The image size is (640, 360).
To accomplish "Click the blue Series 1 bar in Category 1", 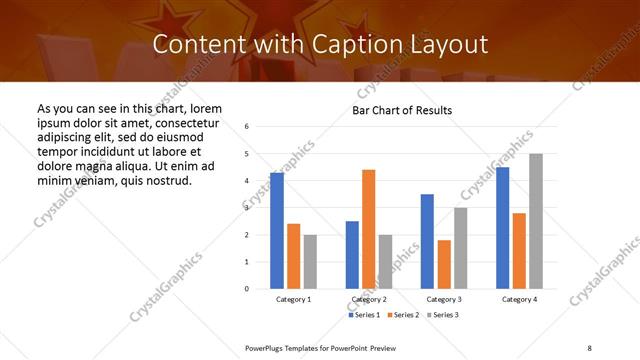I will point(277,230).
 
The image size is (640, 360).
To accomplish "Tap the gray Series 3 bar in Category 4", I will point(536,221).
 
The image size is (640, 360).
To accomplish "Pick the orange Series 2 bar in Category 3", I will point(444,264).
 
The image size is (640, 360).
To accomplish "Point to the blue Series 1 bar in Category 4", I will point(502,228).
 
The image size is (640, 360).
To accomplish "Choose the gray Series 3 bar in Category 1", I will point(310,261).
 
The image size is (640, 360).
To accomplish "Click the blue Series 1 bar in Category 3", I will point(427,241).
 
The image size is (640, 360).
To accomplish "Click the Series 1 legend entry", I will point(364,315).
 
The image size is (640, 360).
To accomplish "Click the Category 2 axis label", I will point(369,300).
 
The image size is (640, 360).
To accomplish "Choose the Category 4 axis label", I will point(519,300).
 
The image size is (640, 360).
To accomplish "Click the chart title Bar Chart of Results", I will point(402,110).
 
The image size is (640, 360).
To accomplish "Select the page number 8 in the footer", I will point(589,347).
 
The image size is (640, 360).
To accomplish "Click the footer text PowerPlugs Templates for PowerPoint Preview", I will point(321,347).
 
